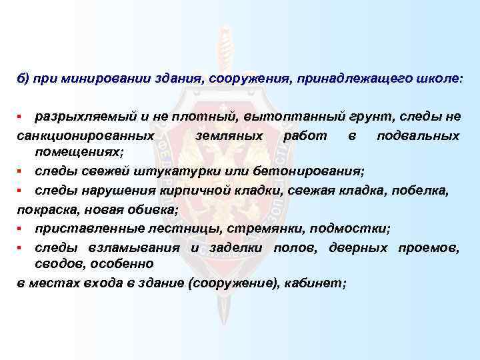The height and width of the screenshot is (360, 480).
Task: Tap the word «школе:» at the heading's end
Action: (436, 78)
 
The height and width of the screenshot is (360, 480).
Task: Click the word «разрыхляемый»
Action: (78, 117)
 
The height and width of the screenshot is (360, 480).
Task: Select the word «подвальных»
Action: (417, 136)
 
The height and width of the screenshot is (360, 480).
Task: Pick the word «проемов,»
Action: (428, 248)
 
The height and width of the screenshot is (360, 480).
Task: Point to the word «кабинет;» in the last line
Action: (315, 283)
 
